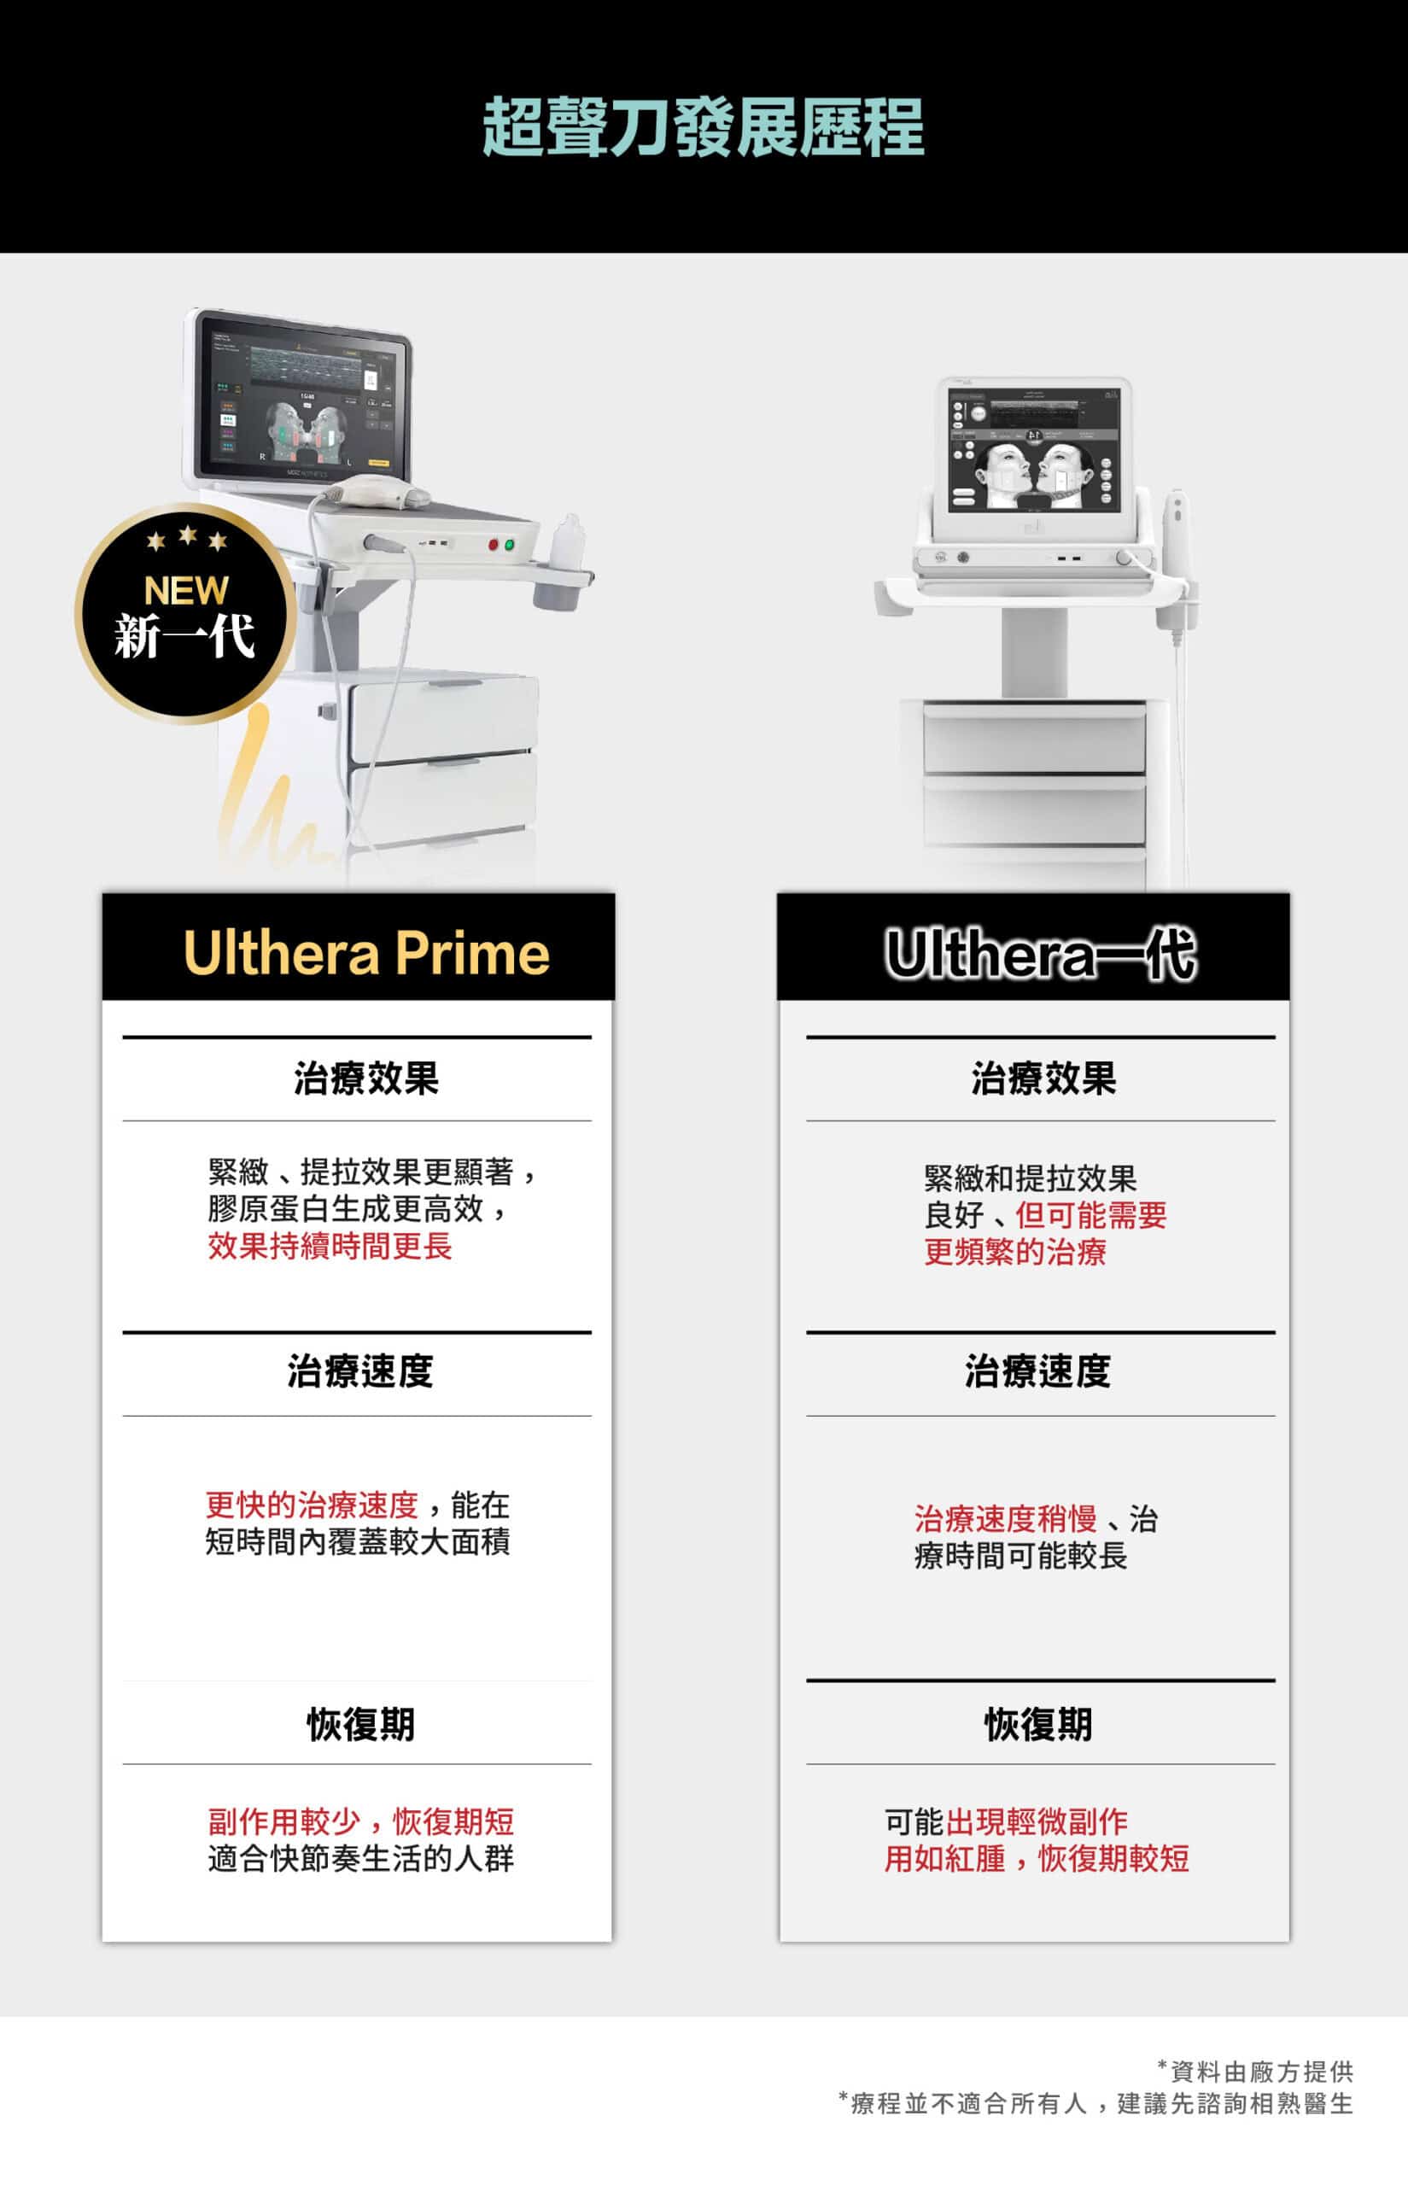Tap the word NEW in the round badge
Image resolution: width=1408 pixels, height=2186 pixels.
point(185,591)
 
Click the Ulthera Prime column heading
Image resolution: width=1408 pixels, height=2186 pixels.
point(366,953)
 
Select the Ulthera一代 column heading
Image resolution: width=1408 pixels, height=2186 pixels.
point(1041,955)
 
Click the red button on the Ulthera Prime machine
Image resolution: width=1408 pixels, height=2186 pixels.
point(494,545)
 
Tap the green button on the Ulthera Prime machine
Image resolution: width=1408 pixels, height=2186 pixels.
point(509,545)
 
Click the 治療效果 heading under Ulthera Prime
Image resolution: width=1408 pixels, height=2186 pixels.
point(365,1078)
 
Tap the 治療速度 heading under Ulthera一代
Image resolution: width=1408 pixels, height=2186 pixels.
point(1037,1371)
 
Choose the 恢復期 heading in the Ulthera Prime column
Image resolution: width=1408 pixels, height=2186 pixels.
point(360,1723)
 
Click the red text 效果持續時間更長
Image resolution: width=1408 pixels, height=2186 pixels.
point(330,1245)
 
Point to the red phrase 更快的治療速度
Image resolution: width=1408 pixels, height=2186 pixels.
point(312,1504)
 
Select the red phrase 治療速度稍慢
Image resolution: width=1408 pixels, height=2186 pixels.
point(1006,1518)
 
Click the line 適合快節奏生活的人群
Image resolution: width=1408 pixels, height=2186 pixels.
point(361,1858)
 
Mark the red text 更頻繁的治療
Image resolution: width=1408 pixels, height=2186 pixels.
point(1015,1252)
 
